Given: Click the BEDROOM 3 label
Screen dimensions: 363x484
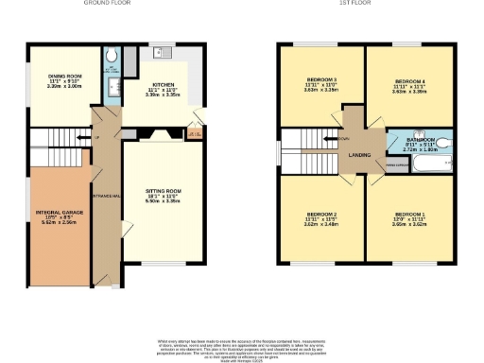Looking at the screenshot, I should [321, 80].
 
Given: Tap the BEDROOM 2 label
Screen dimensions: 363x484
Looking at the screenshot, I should [321, 216].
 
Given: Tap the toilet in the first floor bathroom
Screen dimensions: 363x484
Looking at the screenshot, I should [444, 145].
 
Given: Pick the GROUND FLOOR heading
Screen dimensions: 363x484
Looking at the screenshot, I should [112, 4].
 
